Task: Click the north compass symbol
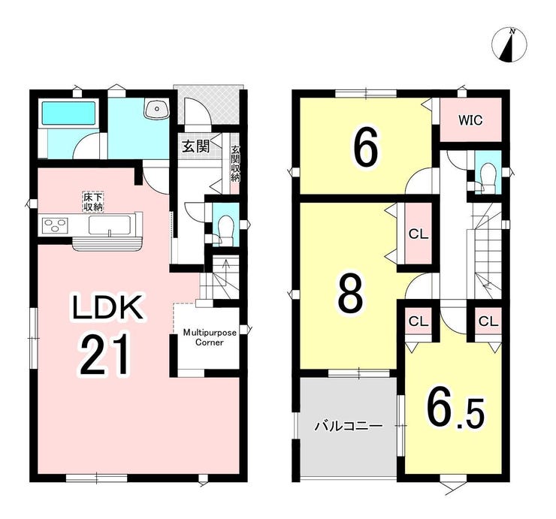tap(509, 46)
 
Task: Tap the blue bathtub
tap(69, 113)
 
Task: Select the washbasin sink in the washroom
tap(157, 107)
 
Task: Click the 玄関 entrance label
tap(196, 146)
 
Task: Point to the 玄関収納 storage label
tap(235, 164)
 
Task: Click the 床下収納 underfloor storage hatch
tap(93, 202)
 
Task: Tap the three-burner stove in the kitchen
tap(54, 225)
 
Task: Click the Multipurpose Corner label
tap(210, 337)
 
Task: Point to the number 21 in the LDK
tap(104, 355)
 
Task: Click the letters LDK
tap(107, 307)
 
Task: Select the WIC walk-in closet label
tap(470, 120)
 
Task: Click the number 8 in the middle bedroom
tap(351, 294)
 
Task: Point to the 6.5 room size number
tap(455, 409)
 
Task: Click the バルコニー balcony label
tap(349, 425)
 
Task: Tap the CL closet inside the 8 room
tap(419, 234)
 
